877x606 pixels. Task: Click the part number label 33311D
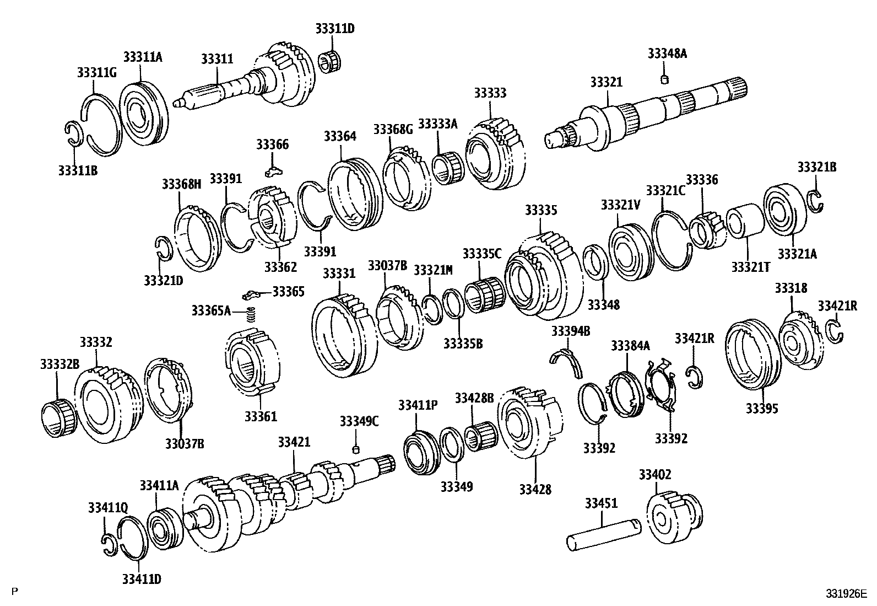[x=335, y=29]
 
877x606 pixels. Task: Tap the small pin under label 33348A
[x=664, y=79]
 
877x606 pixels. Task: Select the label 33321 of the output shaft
[x=606, y=82]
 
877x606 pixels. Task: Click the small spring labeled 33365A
[x=251, y=315]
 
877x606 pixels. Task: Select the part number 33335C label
[x=482, y=254]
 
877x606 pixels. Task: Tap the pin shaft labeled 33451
[x=604, y=534]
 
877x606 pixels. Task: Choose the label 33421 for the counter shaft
[x=294, y=442]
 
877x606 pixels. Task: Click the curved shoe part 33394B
[x=567, y=362]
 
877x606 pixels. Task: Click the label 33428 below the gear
[x=535, y=489]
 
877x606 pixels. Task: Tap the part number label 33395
[x=762, y=409]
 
